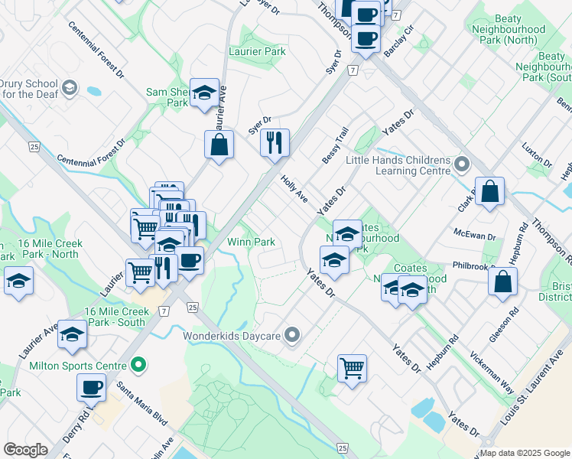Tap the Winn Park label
252,242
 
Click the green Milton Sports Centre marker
138,366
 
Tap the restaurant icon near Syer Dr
275,142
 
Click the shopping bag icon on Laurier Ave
219,144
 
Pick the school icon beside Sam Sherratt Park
204,94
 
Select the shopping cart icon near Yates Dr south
352,369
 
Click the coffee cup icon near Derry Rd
91,387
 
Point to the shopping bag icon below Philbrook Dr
503,280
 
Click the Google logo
26,449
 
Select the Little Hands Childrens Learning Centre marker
461,164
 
